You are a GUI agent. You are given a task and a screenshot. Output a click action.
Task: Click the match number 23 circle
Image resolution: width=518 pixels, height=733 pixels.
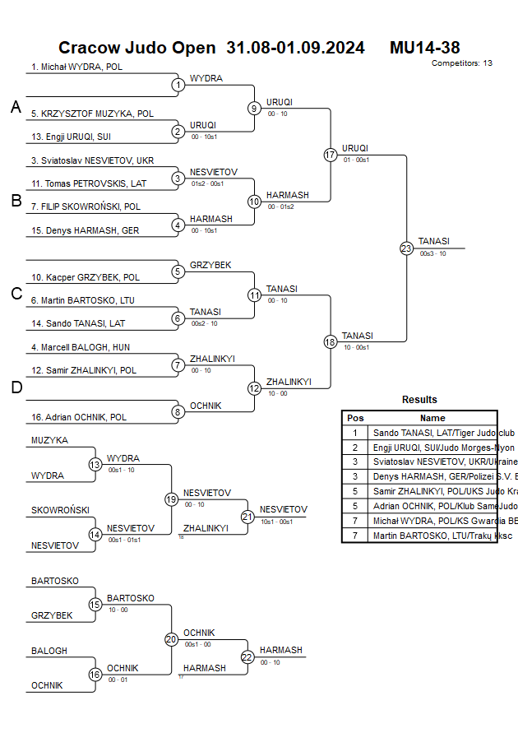tap(406, 248)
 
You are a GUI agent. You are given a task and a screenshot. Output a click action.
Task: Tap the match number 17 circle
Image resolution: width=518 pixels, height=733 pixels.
tap(331, 155)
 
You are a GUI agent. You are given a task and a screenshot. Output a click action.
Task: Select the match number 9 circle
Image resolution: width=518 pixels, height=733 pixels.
tap(254, 108)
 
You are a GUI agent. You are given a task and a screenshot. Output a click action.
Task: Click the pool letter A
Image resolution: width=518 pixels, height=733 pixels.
tap(15, 107)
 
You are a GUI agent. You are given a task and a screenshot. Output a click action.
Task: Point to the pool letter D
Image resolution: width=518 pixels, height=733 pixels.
tap(16, 387)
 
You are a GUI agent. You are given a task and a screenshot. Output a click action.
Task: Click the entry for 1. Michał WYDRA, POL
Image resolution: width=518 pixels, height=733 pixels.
tap(76, 67)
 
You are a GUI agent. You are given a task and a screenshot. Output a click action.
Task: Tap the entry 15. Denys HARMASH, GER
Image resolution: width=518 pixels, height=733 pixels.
tap(85, 230)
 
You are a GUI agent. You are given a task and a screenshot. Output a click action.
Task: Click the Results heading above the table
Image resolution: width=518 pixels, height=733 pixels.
tap(419, 400)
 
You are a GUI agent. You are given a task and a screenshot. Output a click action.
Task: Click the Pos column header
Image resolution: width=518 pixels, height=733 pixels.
tap(355, 418)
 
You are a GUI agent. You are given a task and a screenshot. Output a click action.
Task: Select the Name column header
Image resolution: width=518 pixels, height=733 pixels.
tap(432, 418)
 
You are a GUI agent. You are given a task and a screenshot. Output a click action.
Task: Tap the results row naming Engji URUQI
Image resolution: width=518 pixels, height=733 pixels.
tap(432, 448)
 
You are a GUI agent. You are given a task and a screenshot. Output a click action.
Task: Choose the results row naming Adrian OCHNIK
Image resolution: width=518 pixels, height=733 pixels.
tap(432, 507)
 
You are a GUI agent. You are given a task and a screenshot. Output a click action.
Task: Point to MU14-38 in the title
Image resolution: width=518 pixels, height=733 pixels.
tap(424, 48)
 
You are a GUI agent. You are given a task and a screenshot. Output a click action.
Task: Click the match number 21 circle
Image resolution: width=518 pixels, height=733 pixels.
tap(247, 517)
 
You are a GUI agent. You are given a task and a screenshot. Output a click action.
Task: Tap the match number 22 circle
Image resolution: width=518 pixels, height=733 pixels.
tap(247, 656)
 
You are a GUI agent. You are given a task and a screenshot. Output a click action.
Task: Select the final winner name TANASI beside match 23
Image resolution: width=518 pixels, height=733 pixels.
tap(433, 241)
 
